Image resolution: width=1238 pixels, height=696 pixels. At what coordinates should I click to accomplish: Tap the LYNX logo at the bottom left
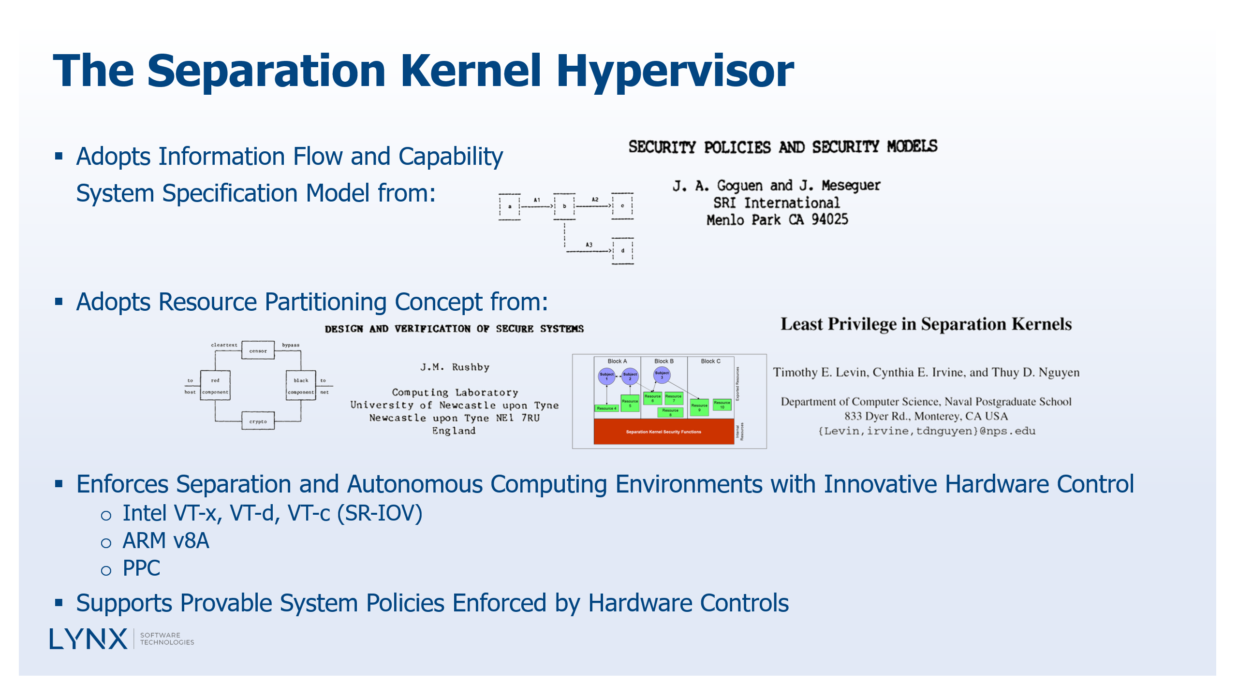(x=88, y=639)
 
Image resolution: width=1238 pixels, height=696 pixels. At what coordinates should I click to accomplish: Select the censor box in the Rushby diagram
(x=258, y=350)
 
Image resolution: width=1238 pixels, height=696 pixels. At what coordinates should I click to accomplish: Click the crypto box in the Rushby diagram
(x=258, y=421)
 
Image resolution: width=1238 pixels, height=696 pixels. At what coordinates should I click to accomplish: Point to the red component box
(x=215, y=386)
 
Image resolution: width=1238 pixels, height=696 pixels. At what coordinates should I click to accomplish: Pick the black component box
(x=301, y=386)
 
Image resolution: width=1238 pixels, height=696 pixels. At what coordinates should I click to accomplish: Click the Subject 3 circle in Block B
(x=662, y=375)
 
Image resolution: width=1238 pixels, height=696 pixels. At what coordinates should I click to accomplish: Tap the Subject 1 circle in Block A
(x=606, y=376)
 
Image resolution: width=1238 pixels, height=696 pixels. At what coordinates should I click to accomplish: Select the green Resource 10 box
(x=722, y=405)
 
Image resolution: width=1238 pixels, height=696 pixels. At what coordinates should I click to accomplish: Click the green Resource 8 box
(x=670, y=412)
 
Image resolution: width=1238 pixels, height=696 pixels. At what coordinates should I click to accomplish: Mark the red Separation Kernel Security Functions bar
(x=663, y=432)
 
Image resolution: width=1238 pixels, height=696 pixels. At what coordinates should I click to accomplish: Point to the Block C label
(x=710, y=361)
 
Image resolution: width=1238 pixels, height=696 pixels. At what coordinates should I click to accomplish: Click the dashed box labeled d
(x=623, y=251)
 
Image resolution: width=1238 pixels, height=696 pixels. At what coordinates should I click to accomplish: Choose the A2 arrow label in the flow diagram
(x=595, y=199)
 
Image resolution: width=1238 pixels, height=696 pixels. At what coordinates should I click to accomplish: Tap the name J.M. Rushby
(x=455, y=367)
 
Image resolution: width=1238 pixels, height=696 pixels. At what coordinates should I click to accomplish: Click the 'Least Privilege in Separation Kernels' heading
(x=926, y=324)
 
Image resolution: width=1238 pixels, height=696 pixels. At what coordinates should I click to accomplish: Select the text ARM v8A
(x=166, y=541)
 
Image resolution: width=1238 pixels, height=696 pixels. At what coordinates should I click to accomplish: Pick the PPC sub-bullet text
(x=141, y=568)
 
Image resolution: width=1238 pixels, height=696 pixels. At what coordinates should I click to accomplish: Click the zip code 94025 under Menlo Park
(x=830, y=220)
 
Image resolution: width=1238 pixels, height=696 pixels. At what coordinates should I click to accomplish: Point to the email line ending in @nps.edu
(x=927, y=431)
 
